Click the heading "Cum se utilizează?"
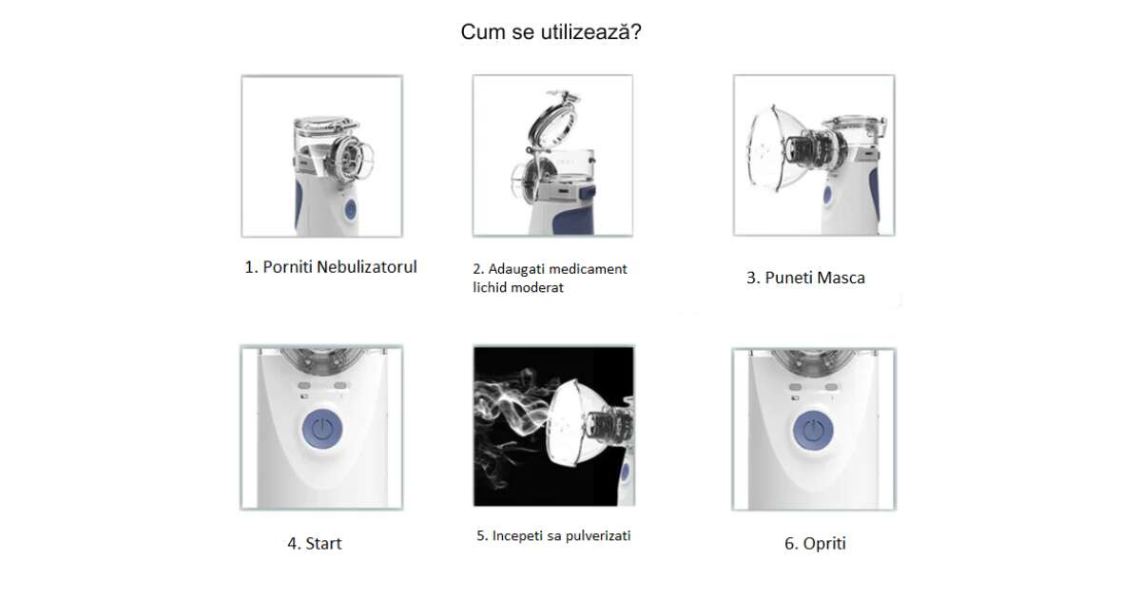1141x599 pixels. click(x=551, y=32)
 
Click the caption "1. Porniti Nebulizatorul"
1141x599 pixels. click(x=331, y=267)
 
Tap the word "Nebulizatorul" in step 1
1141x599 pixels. click(x=367, y=267)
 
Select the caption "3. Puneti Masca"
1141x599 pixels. click(x=805, y=278)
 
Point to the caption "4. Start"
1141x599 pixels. click(x=315, y=544)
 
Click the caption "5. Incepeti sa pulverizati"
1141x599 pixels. click(x=553, y=536)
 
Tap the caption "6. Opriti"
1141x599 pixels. click(x=815, y=544)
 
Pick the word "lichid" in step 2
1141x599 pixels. click(x=490, y=288)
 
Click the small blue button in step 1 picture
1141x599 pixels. click(x=351, y=209)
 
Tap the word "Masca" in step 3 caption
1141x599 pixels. click(x=840, y=278)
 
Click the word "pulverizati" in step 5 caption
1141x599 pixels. click(x=596, y=536)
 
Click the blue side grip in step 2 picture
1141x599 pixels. click(x=574, y=218)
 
